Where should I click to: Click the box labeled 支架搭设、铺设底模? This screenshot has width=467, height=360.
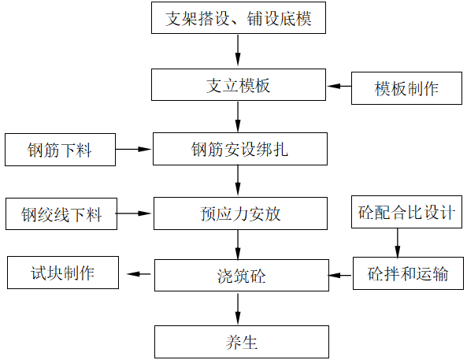pyautogui.click(x=238, y=19)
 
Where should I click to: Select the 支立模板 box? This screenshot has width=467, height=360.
pyautogui.click(x=238, y=85)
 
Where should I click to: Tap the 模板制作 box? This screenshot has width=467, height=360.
pyautogui.click(x=406, y=88)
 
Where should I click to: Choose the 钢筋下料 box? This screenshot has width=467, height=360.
pyautogui.click(x=61, y=150)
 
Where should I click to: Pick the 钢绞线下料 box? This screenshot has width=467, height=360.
pyautogui.click(x=61, y=213)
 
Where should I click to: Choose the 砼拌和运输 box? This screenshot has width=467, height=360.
pyautogui.click(x=408, y=274)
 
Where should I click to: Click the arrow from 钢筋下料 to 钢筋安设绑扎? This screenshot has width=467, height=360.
pyautogui.click(x=133, y=148)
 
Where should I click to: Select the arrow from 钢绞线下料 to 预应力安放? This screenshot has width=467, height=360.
pyautogui.click(x=133, y=213)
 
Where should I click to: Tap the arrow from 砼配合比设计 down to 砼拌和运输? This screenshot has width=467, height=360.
pyautogui.click(x=397, y=243)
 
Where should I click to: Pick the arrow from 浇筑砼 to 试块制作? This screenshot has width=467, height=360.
pyautogui.click(x=139, y=274)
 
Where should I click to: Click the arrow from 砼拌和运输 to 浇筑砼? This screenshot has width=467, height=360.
pyautogui.click(x=340, y=275)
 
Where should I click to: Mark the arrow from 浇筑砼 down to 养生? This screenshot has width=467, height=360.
pyautogui.click(x=238, y=309)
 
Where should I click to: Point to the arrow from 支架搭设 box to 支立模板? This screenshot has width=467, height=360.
pyautogui.click(x=238, y=52)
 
